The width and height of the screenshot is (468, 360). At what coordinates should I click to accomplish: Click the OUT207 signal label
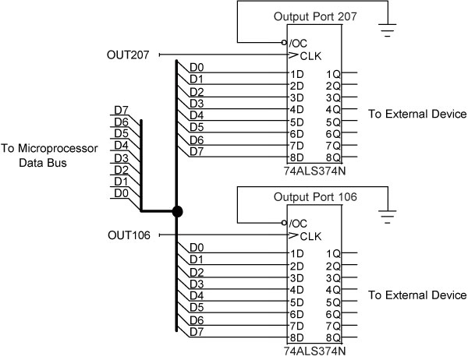129,55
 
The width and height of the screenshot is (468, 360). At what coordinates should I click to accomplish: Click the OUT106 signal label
129,235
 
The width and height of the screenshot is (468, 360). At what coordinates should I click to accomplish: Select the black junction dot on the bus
177,211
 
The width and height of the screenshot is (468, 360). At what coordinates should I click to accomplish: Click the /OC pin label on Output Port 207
297,43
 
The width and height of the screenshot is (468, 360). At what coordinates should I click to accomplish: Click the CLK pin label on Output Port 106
307,235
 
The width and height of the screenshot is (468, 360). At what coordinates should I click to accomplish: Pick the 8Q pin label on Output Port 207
333,157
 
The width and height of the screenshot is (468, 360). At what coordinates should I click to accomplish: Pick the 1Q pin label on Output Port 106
333,254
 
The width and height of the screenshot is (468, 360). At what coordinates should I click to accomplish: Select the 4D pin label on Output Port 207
296,109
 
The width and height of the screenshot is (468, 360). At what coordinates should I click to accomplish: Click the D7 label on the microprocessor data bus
121,110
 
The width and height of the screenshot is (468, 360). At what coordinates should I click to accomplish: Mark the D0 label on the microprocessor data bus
121,192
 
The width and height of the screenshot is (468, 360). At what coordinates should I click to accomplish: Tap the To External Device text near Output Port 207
417,115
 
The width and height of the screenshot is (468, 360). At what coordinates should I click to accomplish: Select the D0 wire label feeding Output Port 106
197,248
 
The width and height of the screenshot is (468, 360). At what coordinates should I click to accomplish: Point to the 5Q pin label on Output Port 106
333,302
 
